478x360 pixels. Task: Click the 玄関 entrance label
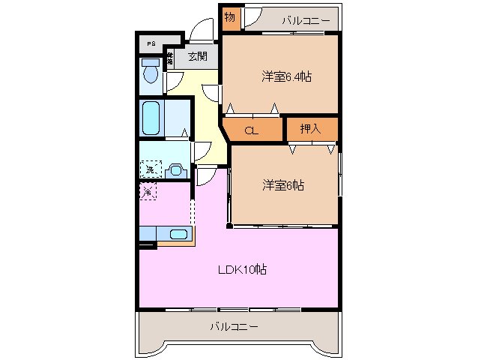[x=198, y=56]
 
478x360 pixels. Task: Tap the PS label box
[x=151, y=44]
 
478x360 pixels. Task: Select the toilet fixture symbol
[x=151, y=73]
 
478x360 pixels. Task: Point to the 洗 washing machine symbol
[x=151, y=169]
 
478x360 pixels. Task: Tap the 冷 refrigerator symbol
[x=148, y=192]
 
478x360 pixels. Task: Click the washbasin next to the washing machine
[x=177, y=169]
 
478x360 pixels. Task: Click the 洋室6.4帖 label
[x=286, y=76]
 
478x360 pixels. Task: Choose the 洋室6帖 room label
[x=282, y=184]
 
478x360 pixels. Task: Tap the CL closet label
[x=252, y=130]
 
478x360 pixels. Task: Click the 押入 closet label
[x=310, y=128]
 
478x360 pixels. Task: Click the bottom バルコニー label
[x=234, y=327]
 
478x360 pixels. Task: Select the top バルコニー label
[x=305, y=19]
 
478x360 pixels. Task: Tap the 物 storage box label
[x=230, y=17]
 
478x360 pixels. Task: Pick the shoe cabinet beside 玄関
[x=171, y=58]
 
